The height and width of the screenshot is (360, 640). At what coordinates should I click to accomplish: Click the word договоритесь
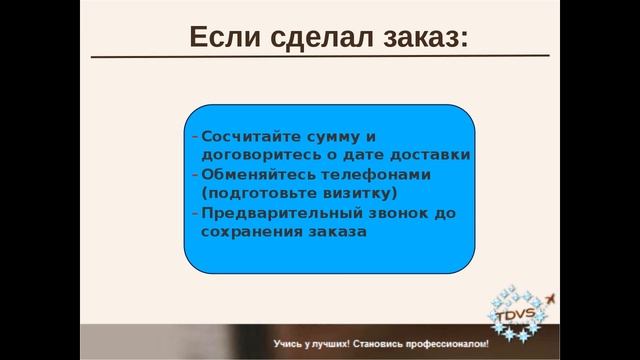click(257, 155)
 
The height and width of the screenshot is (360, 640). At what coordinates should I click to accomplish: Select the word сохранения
click(246, 231)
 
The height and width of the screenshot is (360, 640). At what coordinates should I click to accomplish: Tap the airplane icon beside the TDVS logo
click(553, 298)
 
